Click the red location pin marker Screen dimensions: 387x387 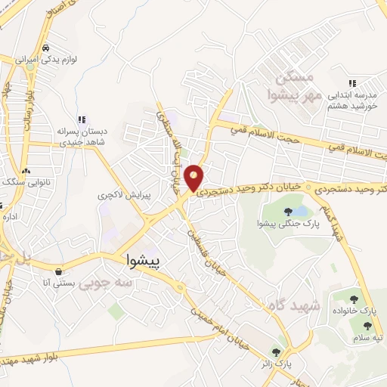click(194, 177)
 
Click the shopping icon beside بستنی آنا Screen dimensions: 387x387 click(59, 271)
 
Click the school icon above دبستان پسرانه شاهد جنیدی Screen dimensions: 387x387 click(82, 119)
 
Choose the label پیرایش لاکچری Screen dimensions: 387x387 click(124, 195)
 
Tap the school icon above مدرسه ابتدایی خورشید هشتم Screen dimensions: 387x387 click(351, 84)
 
